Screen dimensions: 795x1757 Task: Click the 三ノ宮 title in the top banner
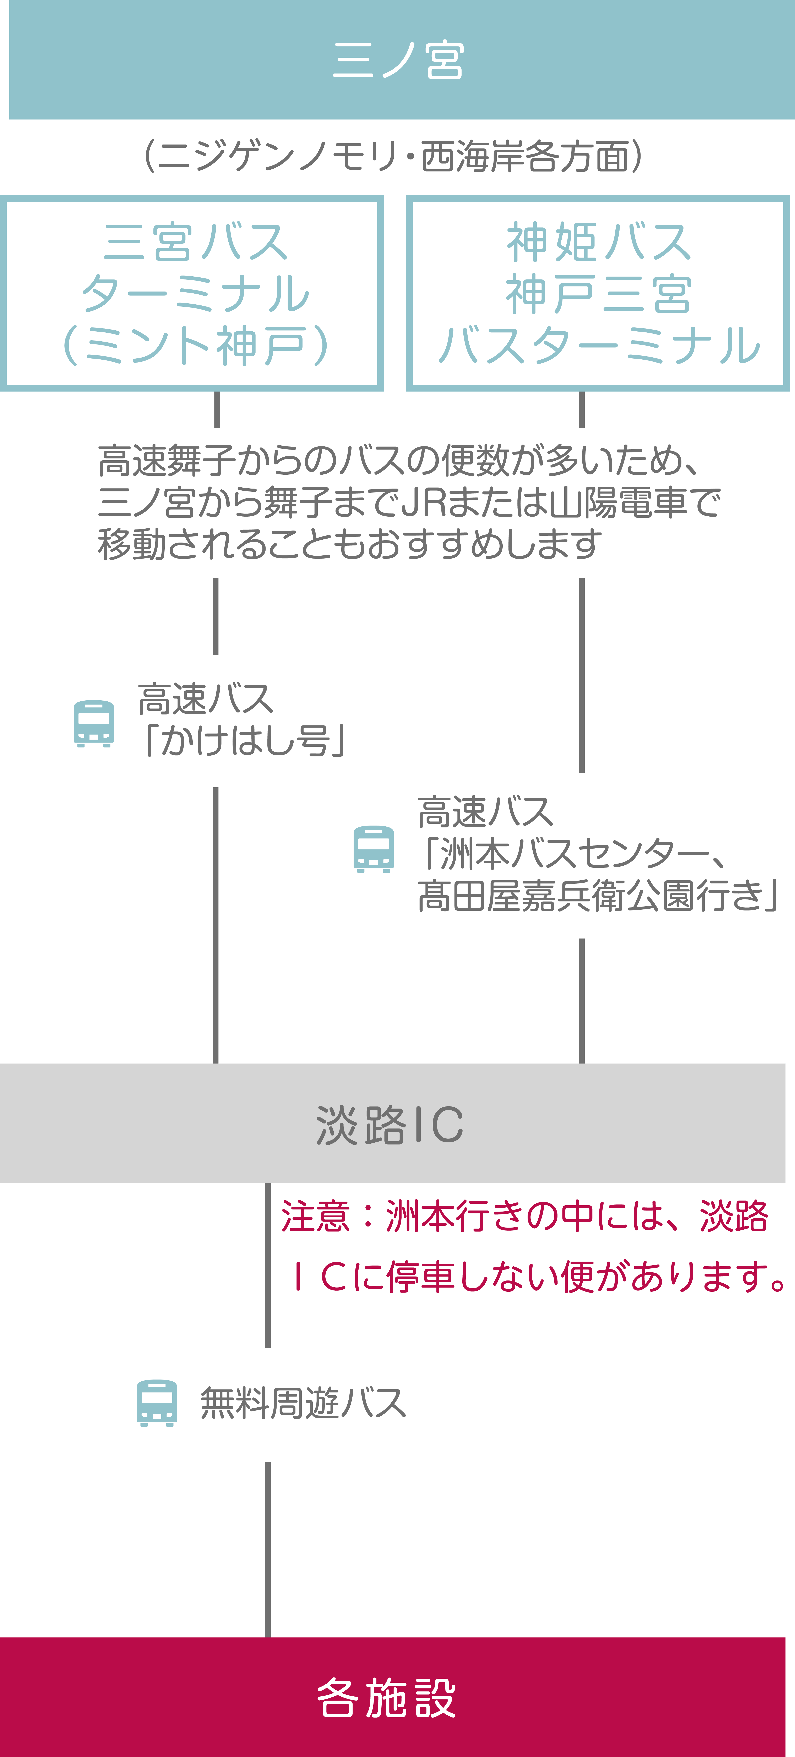pos(398,60)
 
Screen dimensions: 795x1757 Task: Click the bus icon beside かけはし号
pos(93,724)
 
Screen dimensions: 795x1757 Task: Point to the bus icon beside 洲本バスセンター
pos(374,849)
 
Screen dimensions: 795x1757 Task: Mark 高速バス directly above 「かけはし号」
pos(205,699)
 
